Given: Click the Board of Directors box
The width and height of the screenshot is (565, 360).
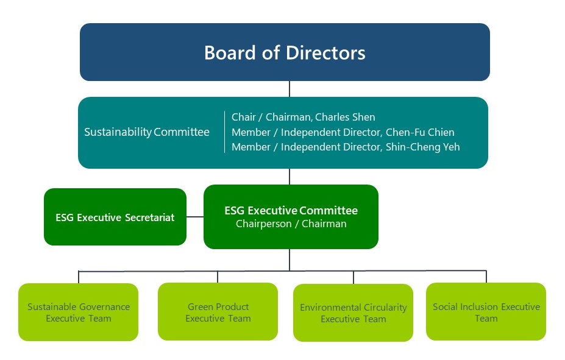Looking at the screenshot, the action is [x=285, y=52].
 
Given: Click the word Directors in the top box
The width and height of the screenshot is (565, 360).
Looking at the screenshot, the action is [x=325, y=52].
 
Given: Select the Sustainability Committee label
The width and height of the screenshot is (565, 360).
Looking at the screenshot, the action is [x=147, y=132].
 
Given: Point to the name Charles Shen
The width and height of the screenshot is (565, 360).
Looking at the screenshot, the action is [x=345, y=117].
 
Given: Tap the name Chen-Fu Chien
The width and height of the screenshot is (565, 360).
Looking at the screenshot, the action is [x=420, y=132].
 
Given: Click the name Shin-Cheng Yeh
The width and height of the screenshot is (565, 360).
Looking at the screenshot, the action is [x=422, y=147].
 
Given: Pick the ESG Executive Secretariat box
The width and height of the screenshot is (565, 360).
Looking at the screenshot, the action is [x=115, y=217].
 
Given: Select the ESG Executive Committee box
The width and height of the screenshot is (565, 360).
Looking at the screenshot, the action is [x=291, y=217].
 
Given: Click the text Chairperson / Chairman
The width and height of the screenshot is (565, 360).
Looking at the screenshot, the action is [x=291, y=224].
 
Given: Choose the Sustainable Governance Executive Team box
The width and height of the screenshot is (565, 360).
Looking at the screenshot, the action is [x=78, y=312].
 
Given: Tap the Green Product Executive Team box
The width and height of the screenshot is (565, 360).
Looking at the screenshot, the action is [x=218, y=311].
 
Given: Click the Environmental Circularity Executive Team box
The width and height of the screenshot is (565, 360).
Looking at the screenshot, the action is [x=353, y=313].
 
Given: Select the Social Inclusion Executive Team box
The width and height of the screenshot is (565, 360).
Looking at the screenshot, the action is [x=486, y=311].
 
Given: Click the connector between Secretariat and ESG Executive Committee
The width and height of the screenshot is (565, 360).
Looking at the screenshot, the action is [x=195, y=217].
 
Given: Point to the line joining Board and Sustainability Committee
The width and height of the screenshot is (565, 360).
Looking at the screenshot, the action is [x=290, y=89].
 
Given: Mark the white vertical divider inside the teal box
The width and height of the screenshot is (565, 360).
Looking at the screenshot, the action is [x=224, y=132].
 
